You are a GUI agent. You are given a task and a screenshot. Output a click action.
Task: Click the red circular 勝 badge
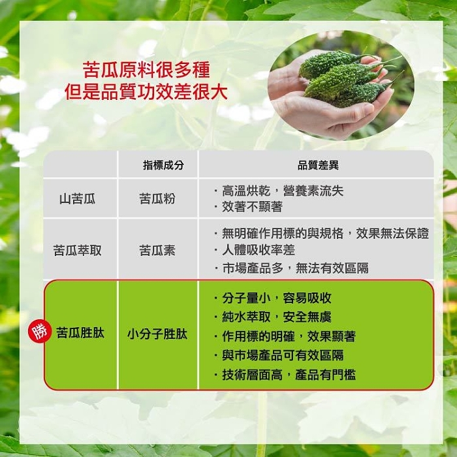40,332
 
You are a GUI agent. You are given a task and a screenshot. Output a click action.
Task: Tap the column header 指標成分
163,165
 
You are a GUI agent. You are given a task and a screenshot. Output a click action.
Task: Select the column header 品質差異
318,165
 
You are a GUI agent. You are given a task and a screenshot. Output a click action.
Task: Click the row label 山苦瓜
77,199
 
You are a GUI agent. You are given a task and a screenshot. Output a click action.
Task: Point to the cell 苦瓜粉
157,199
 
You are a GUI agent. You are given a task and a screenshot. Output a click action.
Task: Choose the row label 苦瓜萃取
77,250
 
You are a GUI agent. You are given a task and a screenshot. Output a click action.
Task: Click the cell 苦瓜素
157,250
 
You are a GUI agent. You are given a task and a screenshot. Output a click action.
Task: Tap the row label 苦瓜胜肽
80,333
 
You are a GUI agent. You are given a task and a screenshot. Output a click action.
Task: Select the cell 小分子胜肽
157,334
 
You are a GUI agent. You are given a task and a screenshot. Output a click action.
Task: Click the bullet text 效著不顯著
252,207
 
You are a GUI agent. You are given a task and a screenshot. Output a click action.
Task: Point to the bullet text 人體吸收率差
259,250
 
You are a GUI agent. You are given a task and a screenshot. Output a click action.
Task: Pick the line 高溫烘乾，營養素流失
283,191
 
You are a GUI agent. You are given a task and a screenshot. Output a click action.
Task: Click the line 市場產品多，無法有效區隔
295,268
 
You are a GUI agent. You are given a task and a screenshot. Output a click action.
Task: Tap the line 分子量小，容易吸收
277,298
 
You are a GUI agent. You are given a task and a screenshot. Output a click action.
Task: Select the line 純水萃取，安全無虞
277,317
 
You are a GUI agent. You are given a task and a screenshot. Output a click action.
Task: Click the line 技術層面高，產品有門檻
289,375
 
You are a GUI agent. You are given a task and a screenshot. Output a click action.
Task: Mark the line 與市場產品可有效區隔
283,355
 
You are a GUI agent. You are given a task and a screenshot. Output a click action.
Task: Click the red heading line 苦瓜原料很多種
146,70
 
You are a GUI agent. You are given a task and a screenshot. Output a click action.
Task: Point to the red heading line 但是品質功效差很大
146,92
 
